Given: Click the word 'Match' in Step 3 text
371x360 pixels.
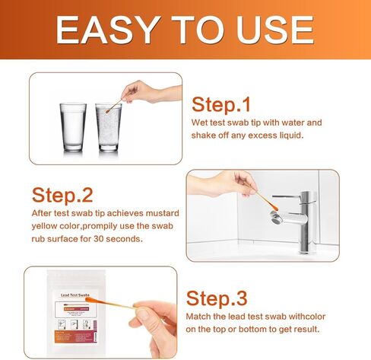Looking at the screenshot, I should (x=201, y=316).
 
